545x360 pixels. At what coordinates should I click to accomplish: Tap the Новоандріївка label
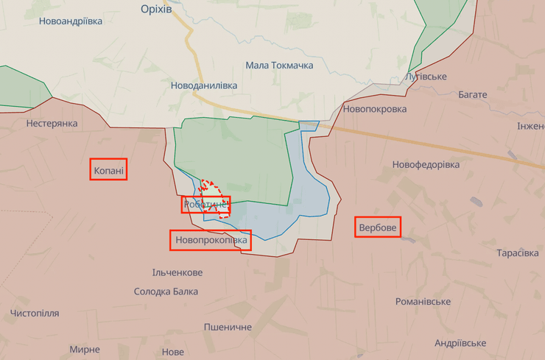tap(71, 21)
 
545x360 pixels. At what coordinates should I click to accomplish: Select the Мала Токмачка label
tap(279, 66)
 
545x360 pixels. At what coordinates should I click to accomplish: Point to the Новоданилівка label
tap(204, 85)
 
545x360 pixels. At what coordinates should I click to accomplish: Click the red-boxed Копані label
tap(109, 171)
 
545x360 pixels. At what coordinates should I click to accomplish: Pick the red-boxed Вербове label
tap(378, 228)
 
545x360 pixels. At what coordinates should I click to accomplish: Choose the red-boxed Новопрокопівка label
tap(210, 240)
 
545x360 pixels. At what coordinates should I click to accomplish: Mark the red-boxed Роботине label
tap(206, 205)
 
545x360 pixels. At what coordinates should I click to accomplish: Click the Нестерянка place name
tap(52, 123)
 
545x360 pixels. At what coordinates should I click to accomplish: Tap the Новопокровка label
tap(374, 109)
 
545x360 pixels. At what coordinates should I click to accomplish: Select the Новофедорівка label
tap(426, 164)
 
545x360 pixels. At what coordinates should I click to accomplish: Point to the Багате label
tap(472, 95)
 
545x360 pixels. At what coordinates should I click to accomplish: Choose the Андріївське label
tap(460, 343)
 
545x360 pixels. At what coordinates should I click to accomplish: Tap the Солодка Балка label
tap(166, 292)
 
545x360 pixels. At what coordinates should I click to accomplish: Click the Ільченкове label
tap(177, 272)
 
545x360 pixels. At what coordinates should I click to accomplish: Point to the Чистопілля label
tap(35, 314)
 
